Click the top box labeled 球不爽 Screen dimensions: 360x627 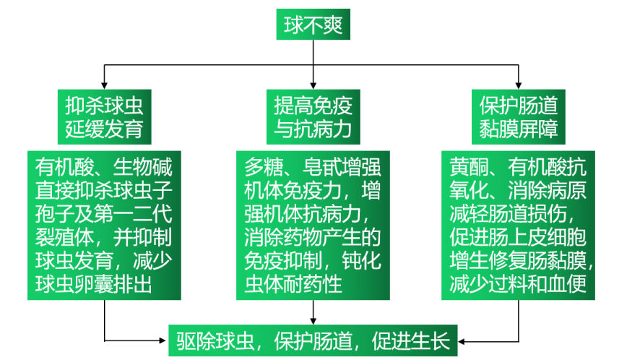(313, 26)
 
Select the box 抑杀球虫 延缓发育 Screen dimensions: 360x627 (104, 116)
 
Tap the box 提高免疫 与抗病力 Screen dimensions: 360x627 (313, 116)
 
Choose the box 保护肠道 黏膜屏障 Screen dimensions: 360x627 (518, 116)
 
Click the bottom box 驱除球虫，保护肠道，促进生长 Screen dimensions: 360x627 (313, 340)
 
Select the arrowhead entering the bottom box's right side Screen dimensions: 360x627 (463, 340)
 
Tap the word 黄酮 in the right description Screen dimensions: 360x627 (467, 167)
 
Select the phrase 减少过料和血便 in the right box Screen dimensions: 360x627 (518, 284)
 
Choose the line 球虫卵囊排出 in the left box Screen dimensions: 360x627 (93, 284)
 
